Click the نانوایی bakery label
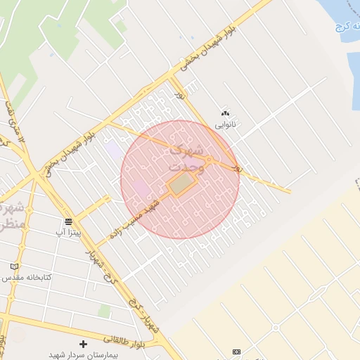[226, 124]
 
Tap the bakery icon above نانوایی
[226, 113]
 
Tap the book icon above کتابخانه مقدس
[14, 266]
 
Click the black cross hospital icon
[84, 344]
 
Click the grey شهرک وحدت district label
[187, 158]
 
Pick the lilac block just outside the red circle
[112, 150]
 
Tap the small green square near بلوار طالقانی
[105, 310]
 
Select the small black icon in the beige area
[236, 352]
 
